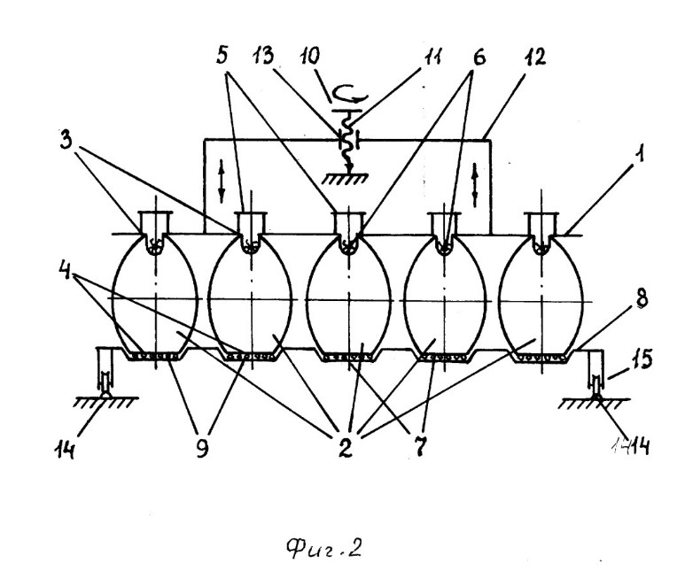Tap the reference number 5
point(225,55)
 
